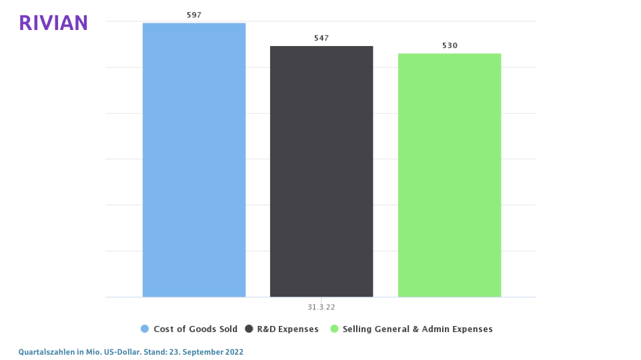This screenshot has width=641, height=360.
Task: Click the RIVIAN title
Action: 53,23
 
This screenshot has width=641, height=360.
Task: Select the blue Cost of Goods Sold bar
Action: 194,160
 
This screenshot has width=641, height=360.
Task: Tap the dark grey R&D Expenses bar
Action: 322,171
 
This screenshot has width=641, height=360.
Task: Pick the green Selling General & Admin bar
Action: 450,175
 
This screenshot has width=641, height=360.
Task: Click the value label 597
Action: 194,15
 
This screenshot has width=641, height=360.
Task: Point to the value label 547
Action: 322,38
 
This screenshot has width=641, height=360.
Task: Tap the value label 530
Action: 450,45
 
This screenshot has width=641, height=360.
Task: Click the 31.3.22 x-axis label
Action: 322,307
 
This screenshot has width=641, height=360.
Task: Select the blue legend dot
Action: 145,329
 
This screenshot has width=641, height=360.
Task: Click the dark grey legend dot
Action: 249,329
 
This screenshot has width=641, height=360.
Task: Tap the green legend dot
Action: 334,329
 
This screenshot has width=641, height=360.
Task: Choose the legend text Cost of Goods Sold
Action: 195,329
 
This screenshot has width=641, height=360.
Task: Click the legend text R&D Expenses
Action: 288,329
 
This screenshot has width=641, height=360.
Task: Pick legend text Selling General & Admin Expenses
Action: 418,329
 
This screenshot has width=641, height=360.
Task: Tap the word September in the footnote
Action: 201,351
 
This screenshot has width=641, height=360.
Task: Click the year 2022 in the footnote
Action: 234,351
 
